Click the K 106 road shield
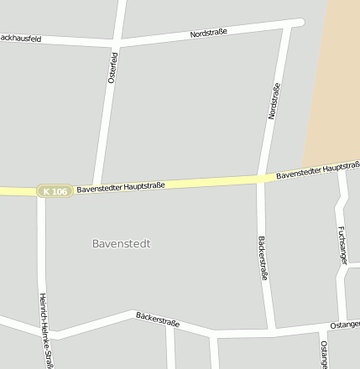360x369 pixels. coord(54,191)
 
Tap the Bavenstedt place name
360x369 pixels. coord(121,243)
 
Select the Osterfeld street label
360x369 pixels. coord(112,66)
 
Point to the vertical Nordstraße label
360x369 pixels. coord(274,101)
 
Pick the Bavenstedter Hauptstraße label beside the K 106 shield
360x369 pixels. coord(121,187)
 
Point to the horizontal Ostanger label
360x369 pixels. coord(345,324)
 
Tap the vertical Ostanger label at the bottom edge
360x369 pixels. coord(324,354)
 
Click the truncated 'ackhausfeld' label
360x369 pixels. coord(22,38)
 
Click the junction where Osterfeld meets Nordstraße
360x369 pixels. coord(117,41)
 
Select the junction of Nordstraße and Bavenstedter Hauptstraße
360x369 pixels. coord(261,179)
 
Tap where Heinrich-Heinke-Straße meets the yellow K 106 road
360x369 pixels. coord(40,192)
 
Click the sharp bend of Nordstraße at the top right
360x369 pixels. coord(295,22)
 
